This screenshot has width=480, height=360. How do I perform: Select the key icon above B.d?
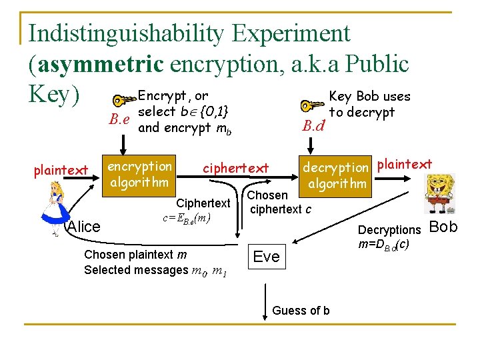(x=313, y=105)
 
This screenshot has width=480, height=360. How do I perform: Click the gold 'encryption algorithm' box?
(x=139, y=174)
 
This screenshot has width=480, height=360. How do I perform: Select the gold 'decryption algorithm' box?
(x=336, y=174)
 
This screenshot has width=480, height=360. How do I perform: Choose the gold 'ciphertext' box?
(x=235, y=168)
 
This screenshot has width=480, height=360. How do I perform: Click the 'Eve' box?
(x=266, y=257)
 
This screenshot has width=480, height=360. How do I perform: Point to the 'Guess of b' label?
(x=301, y=311)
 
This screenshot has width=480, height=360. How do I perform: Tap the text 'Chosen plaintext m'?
(x=135, y=255)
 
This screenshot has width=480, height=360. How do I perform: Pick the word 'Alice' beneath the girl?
(x=84, y=227)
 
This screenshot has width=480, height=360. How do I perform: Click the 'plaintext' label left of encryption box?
(x=60, y=171)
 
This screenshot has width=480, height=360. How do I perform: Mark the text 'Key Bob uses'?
(x=370, y=97)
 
